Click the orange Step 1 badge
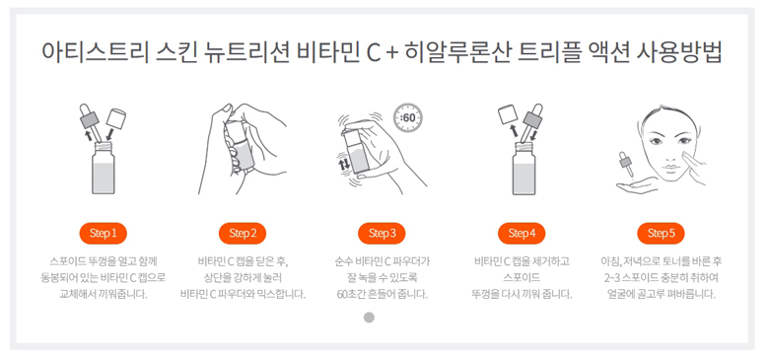[103, 234]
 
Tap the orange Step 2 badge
[243, 234]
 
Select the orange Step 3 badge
[382, 234]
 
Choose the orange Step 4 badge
[522, 234]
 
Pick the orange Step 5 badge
[662, 234]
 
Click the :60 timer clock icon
[408, 117]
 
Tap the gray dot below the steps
[369, 318]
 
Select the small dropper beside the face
[625, 164]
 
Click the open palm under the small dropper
[636, 185]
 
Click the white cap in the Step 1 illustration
[115, 118]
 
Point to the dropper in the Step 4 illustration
[529, 123]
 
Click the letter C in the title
[374, 52]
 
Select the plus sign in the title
[391, 53]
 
